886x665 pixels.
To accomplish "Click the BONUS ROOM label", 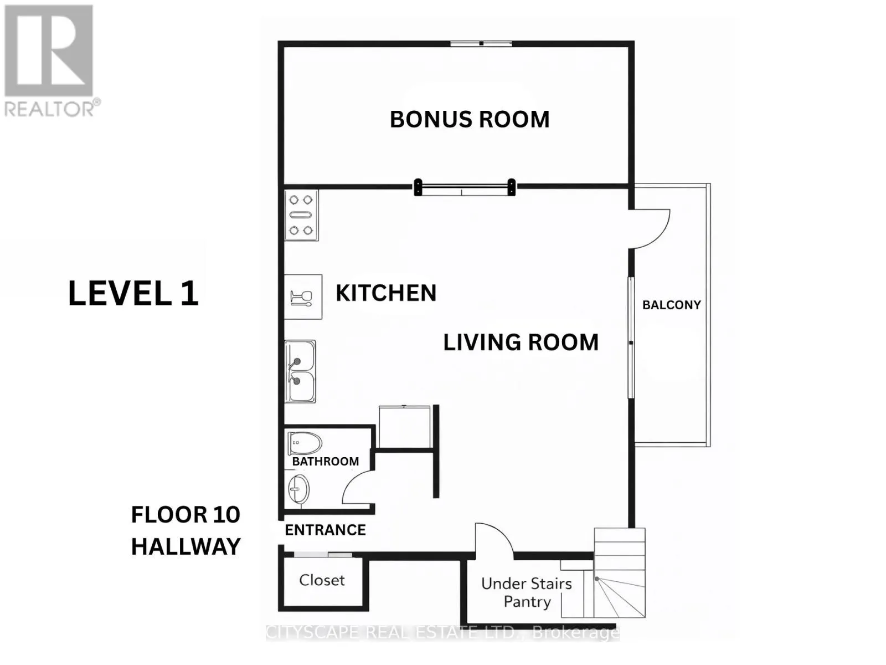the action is click(470, 120).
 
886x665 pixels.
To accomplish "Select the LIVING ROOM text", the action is click(521, 342).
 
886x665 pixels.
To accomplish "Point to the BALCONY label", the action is click(671, 305).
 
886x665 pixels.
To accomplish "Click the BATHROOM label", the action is click(326, 461).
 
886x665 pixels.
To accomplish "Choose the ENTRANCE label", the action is click(326, 530).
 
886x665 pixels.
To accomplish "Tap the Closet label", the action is click(322, 580).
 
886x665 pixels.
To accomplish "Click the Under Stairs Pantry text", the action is click(527, 592).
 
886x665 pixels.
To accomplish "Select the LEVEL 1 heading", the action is click(133, 293).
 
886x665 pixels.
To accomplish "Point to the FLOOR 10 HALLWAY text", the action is click(186, 530).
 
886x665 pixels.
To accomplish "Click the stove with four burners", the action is click(301, 215).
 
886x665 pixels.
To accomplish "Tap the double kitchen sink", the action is click(300, 371).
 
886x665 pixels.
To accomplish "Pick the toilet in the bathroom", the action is click(305, 443).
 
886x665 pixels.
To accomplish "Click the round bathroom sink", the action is click(298, 489).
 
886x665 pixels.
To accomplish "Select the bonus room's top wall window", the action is click(481, 44).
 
